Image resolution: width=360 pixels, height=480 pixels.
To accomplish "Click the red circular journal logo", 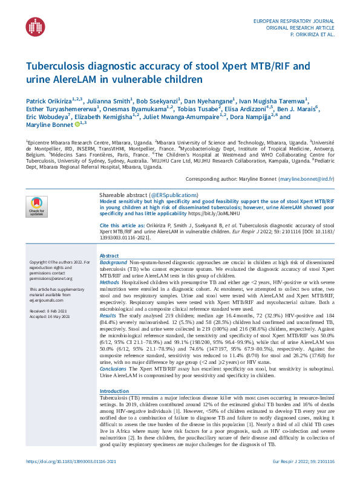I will click(x=36, y=25).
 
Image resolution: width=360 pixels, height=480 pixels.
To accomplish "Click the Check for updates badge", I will click(x=36, y=206).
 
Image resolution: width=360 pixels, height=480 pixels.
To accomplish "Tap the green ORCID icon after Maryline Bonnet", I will click(x=76, y=124).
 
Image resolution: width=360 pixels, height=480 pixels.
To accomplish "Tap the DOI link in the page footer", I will click(x=71, y=461).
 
